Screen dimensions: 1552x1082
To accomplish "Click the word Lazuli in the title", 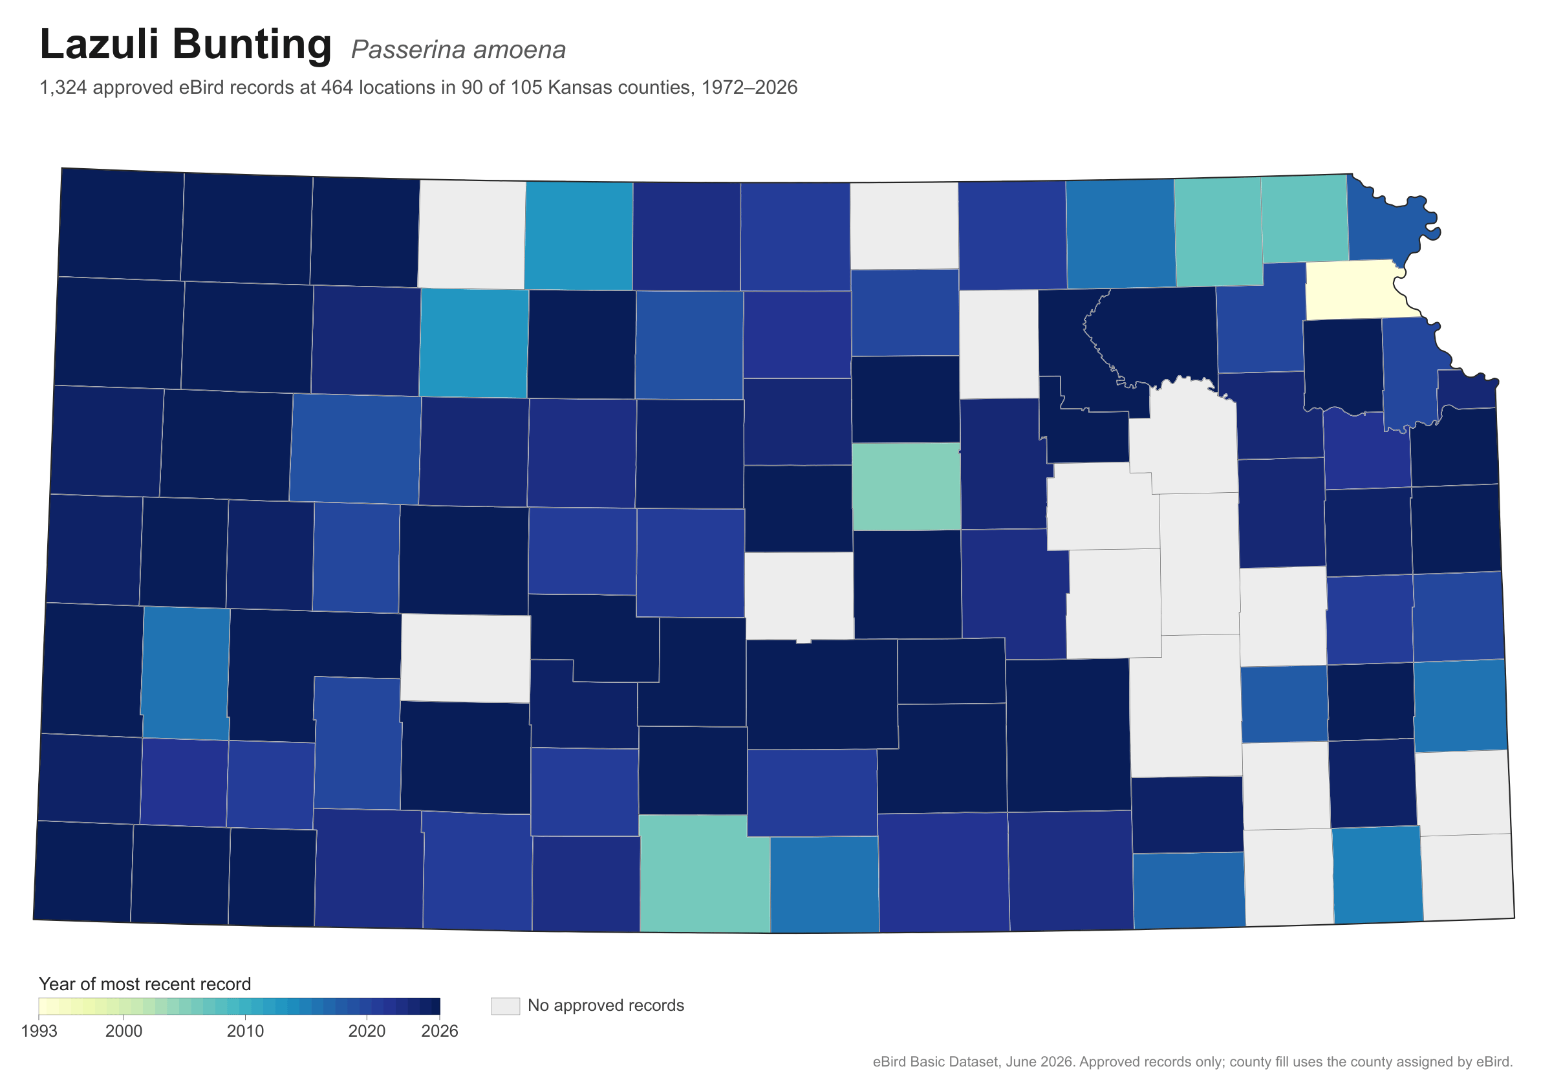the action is [98, 44].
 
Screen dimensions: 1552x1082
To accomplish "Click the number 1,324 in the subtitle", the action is [63, 88].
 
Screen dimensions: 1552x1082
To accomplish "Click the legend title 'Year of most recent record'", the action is [145, 984].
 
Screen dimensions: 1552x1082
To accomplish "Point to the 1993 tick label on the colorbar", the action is [39, 1032].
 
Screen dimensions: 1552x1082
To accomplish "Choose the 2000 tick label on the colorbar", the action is [124, 1032].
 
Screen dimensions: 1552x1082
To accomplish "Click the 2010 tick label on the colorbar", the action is [245, 1032].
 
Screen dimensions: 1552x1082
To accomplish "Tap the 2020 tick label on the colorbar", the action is [367, 1032].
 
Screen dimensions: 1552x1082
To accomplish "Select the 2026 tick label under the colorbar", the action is [439, 1032].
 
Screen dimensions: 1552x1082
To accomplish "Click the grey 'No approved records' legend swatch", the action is [506, 1006].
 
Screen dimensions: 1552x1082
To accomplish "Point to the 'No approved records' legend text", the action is [606, 1006].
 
